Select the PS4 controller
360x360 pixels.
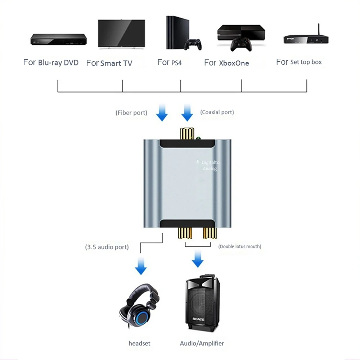pyautogui.click(x=193, y=44)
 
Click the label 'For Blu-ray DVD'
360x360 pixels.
pyautogui.click(x=51, y=62)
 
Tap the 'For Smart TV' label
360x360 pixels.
pyautogui.click(x=109, y=63)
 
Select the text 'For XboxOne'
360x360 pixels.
pyautogui.click(x=226, y=63)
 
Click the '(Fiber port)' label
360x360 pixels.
pyautogui.click(x=131, y=113)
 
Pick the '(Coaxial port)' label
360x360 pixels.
pyautogui.click(x=217, y=112)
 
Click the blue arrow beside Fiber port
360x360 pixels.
pyautogui.click(x=162, y=113)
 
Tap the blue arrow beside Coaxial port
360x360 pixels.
pyautogui.click(x=187, y=113)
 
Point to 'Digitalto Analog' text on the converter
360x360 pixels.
pyautogui.click(x=210, y=166)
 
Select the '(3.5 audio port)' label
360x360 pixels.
pyautogui.click(x=107, y=247)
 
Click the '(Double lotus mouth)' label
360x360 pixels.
pyautogui.click(x=240, y=247)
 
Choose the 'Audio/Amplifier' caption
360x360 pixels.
pyautogui.click(x=202, y=343)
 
